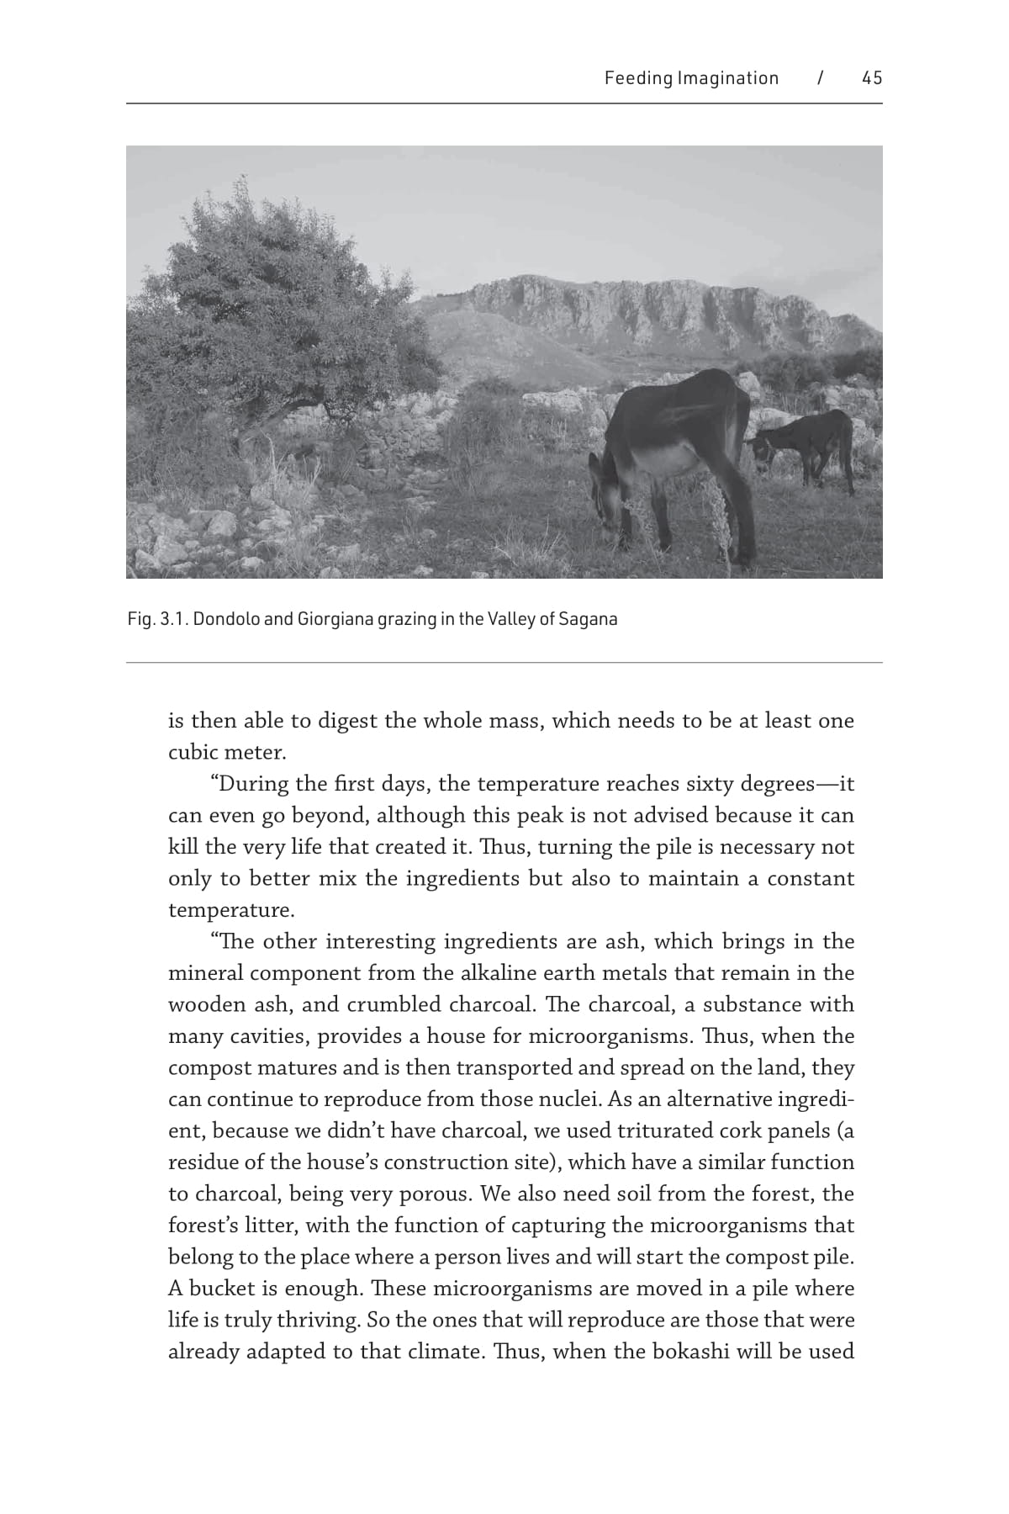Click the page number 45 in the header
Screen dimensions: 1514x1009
(872, 78)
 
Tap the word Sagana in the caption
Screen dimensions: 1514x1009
(588, 620)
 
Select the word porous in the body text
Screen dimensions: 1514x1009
(434, 1194)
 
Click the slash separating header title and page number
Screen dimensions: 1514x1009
(820, 78)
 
